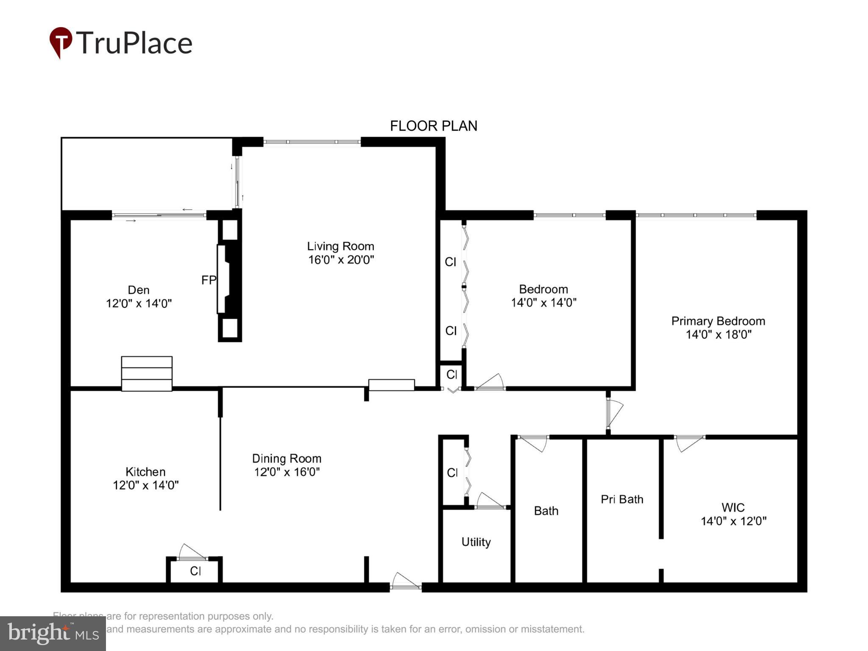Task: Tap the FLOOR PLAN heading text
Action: point(433,126)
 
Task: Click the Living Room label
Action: point(340,246)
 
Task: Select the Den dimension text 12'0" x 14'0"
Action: point(139,303)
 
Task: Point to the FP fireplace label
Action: point(209,280)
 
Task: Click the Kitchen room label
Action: point(145,472)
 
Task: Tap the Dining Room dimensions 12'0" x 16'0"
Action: point(287,472)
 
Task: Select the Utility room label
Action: point(476,542)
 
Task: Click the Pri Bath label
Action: point(622,499)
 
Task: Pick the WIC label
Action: point(733,507)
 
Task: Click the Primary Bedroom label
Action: point(718,321)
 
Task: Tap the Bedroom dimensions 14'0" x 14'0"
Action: point(543,303)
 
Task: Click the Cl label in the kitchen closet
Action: point(195,571)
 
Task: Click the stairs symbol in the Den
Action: point(147,373)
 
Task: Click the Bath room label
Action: point(546,511)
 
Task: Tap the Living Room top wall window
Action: point(312,142)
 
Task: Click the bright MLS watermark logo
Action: point(53,633)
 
